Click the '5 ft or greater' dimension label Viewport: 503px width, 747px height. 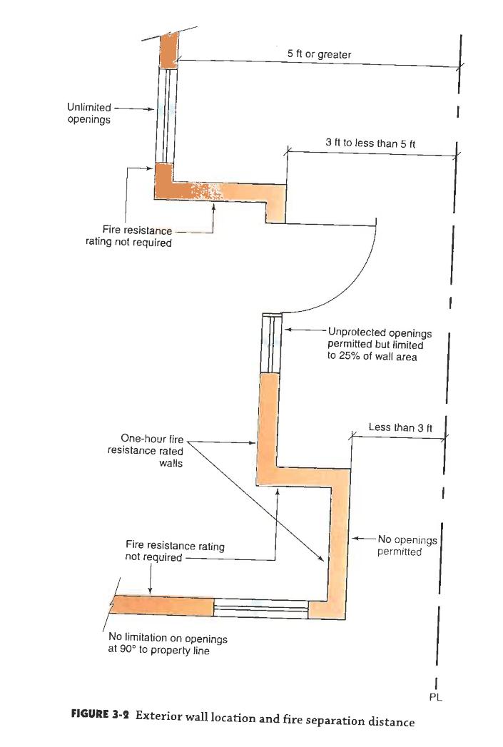point(324,54)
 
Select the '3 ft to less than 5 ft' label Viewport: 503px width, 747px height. point(370,143)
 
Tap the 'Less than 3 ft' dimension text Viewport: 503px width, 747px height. point(400,427)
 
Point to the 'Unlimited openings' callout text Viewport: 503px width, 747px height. point(88,113)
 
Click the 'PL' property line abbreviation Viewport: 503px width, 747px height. point(435,697)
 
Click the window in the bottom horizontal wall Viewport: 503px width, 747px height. point(261,608)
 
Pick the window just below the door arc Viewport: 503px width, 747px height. point(272,342)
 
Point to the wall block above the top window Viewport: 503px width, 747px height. point(169,49)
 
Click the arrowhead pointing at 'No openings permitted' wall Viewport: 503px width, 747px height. point(352,538)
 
